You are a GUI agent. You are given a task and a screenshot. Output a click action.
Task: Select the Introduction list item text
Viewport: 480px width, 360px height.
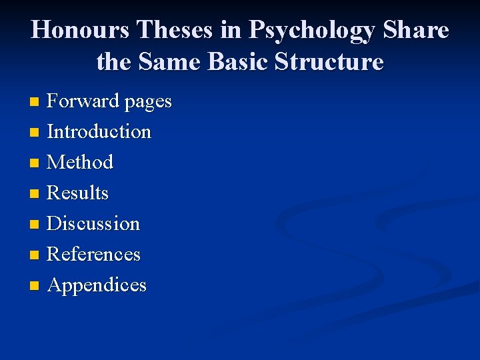pos(99,131)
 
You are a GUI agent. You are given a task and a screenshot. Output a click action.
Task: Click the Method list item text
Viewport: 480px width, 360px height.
pos(80,162)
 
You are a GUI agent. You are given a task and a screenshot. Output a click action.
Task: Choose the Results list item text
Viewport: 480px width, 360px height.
pos(78,193)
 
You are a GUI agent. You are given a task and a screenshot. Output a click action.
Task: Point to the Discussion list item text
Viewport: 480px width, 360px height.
pos(93,223)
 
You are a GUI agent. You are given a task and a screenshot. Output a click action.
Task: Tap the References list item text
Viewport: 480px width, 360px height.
pos(94,254)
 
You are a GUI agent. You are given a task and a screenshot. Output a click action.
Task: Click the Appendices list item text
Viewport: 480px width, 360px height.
pos(97,285)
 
